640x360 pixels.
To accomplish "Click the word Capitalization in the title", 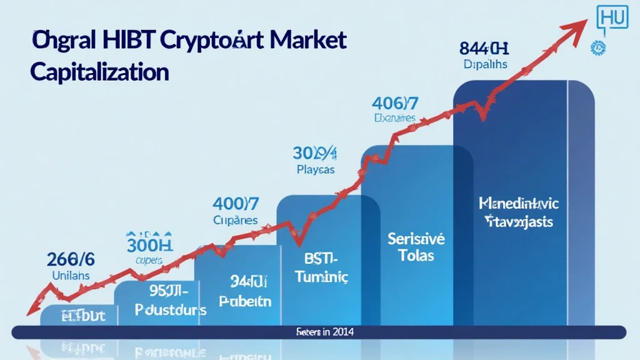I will point(99,72).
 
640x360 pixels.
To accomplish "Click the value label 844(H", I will point(485,48).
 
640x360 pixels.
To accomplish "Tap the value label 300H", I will point(149,241).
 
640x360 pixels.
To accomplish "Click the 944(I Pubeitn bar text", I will point(246,291).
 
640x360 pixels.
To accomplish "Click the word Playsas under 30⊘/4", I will point(315,170).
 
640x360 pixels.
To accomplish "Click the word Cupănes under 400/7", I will point(234,220).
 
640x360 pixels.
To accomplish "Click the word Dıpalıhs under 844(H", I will point(486,64).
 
